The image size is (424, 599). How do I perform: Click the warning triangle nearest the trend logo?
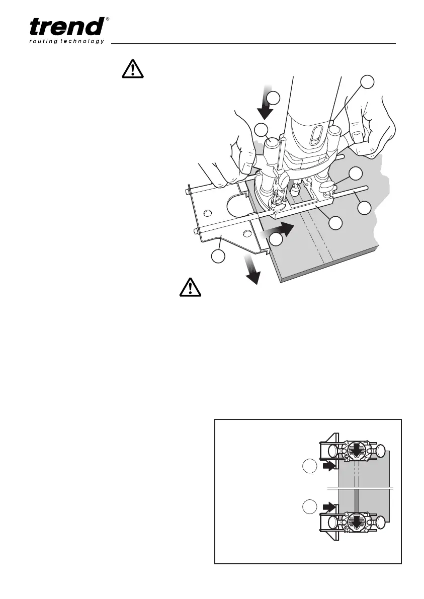[x=133, y=69]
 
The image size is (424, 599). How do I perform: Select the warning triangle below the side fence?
[x=191, y=288]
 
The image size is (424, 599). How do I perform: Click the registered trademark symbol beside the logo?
[x=108, y=19]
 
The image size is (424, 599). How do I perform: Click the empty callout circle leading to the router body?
[x=368, y=81]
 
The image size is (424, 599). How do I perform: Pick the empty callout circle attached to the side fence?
[x=217, y=257]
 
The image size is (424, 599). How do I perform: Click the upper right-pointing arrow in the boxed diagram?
[x=329, y=467]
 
